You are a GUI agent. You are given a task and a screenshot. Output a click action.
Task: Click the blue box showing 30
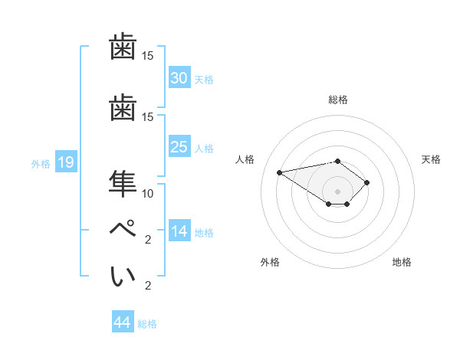(179, 78)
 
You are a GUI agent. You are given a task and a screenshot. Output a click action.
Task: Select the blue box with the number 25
(179, 147)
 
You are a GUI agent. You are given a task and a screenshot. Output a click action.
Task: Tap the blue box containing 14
(179, 232)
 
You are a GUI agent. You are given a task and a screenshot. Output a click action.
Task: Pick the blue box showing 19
(65, 162)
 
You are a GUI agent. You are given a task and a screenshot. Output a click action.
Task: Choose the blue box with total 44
(122, 322)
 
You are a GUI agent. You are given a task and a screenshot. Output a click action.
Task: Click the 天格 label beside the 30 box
(203, 80)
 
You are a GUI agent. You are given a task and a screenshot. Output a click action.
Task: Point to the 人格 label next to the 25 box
(203, 149)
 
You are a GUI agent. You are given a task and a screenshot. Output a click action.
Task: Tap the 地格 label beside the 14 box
(203, 233)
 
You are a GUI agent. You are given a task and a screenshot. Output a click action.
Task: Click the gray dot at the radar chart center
(337, 191)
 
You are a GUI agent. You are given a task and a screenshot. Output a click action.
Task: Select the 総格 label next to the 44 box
(147, 324)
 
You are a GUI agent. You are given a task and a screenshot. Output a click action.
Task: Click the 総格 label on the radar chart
(337, 100)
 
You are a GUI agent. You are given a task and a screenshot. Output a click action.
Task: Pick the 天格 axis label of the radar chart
(431, 159)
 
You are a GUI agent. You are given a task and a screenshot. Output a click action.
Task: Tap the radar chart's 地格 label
(402, 262)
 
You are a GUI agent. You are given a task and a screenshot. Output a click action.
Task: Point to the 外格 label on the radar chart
(270, 262)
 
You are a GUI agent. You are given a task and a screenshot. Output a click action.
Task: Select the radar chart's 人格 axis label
(245, 159)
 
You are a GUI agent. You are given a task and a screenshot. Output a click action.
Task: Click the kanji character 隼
(123, 182)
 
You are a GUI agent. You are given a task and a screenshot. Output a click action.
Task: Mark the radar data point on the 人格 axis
(280, 172)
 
